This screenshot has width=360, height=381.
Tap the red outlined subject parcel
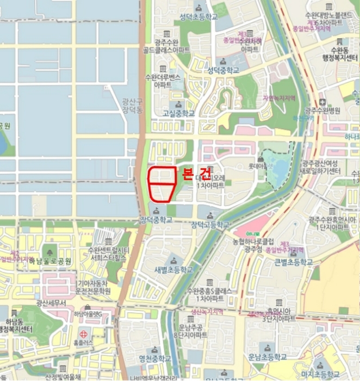[x=162, y=183]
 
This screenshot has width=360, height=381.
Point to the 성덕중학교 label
[x=223, y=71]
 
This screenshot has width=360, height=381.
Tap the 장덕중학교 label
[x=156, y=220]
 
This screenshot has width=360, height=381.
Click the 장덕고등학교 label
[x=210, y=224]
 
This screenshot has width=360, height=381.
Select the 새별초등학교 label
[x=173, y=269]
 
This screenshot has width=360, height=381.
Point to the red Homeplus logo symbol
[x=83, y=334]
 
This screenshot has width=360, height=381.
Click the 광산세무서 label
[x=51, y=303]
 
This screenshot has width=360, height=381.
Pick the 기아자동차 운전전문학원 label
[x=92, y=287]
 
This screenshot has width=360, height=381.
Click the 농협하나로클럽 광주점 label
[x=255, y=244]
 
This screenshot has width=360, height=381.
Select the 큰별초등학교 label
[x=293, y=262]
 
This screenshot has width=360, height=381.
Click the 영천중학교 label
[x=155, y=359]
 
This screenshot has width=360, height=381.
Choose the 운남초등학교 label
[x=266, y=357]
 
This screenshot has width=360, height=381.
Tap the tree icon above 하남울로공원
[x=51, y=251]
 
